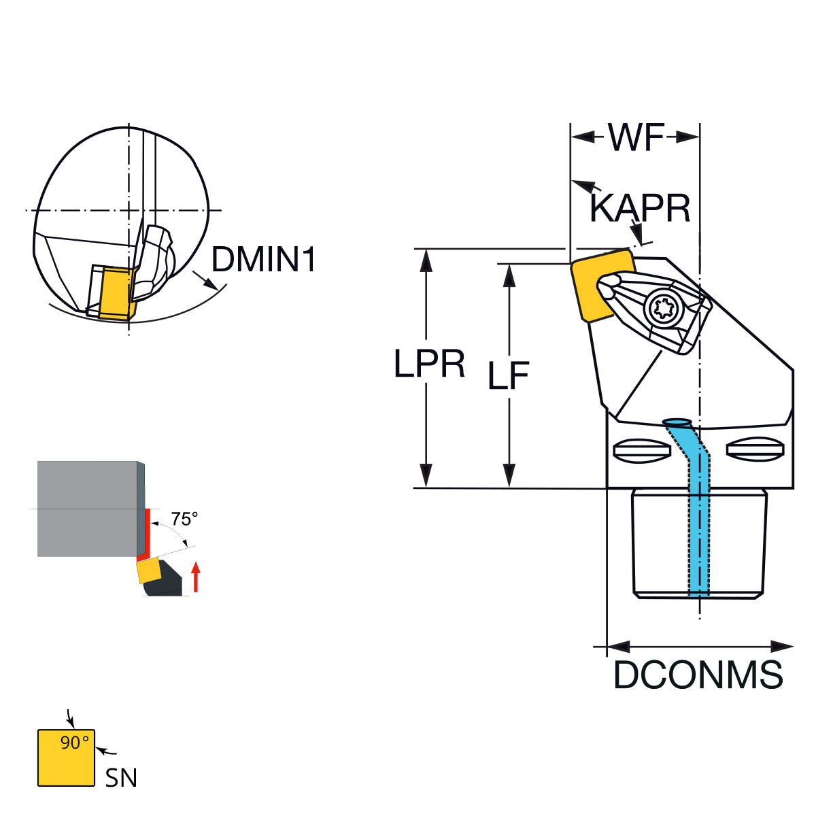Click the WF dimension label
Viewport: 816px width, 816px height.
tap(635, 138)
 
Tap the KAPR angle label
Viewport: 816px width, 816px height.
tap(640, 208)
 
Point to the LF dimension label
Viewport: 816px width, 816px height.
tap(508, 376)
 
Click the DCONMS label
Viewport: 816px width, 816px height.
tap(698, 675)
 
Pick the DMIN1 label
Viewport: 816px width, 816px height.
tap(264, 260)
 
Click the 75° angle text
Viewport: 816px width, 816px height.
tap(184, 519)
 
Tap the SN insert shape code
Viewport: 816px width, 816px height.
tap(121, 778)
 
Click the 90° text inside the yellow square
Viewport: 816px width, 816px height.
tap(73, 743)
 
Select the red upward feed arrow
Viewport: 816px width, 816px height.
tap(196, 577)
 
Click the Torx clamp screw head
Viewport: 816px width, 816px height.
tap(661, 310)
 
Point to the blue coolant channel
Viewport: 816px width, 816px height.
tap(698, 517)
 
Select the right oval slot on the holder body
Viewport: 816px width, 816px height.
tap(755, 448)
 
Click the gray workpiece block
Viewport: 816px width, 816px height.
tap(87, 508)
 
